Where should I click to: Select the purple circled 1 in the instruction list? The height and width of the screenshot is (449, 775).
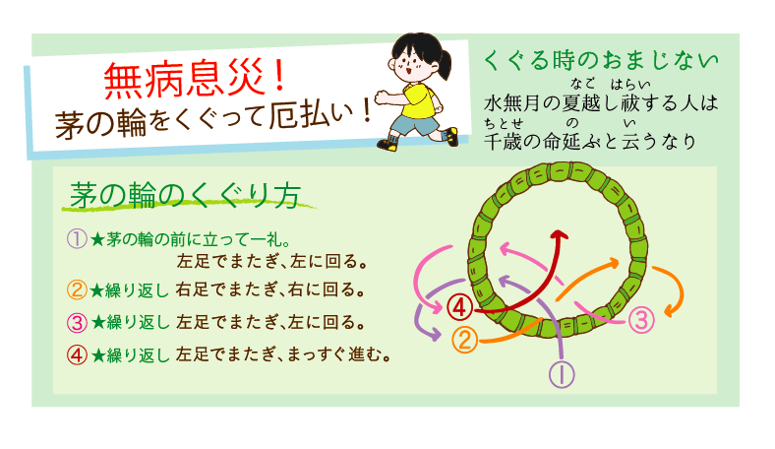(x=78, y=238)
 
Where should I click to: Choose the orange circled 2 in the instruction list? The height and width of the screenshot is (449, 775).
(x=78, y=290)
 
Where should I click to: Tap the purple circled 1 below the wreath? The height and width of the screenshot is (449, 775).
(x=561, y=373)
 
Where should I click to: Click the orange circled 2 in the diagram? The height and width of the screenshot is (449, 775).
(x=464, y=340)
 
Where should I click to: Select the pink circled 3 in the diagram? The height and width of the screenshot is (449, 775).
(x=640, y=319)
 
